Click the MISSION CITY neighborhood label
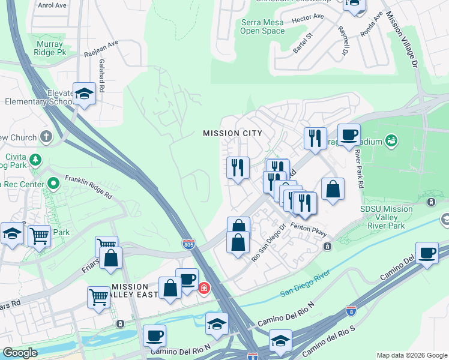click(x=232, y=133)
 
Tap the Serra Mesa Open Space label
click(x=263, y=26)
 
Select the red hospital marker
click(x=204, y=289)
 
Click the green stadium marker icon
click(x=392, y=140)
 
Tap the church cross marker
click(x=46, y=137)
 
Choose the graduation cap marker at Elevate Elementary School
click(x=84, y=94)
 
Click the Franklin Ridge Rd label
click(x=88, y=187)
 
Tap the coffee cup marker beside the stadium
click(x=349, y=134)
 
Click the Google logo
click(x=20, y=353)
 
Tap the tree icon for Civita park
click(x=36, y=159)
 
